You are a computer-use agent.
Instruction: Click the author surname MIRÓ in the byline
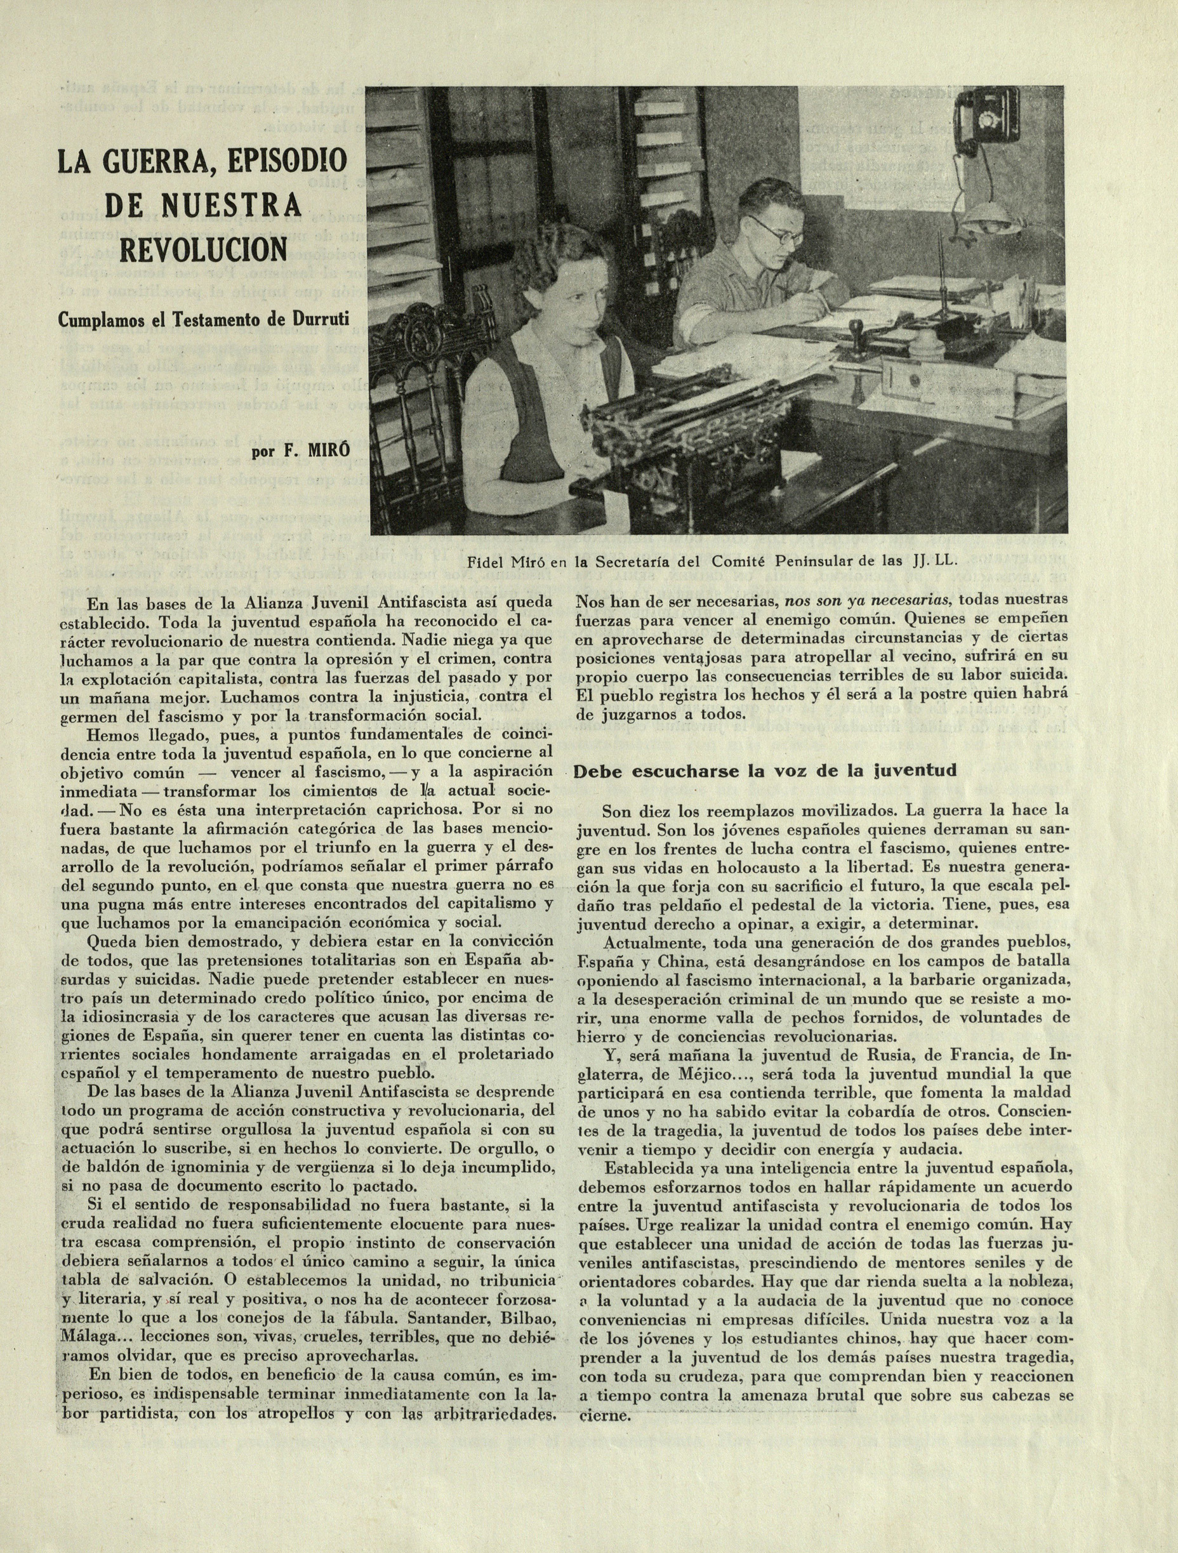(324, 451)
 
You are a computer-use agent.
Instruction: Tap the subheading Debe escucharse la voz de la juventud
(765, 772)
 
